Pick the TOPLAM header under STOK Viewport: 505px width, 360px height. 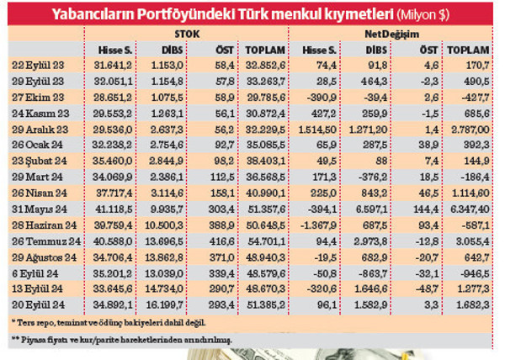coord(267,50)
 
